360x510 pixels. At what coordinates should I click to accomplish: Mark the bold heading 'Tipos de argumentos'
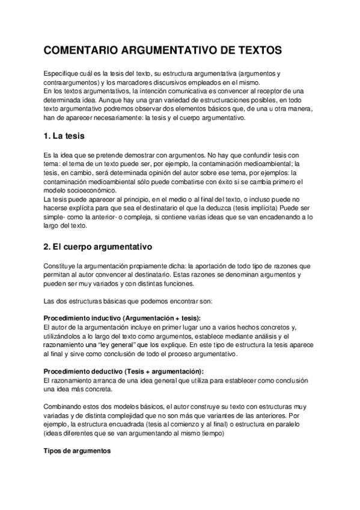[x=77, y=450]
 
